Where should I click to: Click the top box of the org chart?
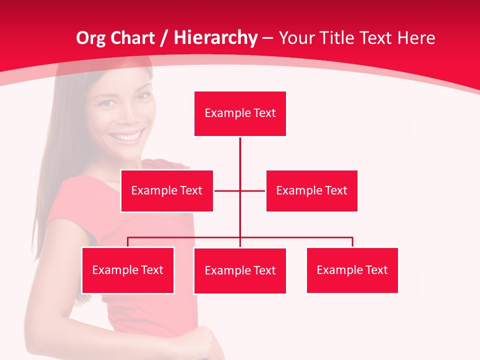[240, 113]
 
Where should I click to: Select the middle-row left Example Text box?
[167, 190]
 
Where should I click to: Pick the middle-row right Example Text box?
[311, 190]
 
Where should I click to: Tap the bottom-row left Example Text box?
[128, 270]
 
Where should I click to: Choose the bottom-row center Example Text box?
[240, 270]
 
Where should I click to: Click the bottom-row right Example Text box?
[352, 270]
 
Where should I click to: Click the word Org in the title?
[89, 38]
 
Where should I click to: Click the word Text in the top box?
[264, 113]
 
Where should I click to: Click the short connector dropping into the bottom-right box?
[352, 242]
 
